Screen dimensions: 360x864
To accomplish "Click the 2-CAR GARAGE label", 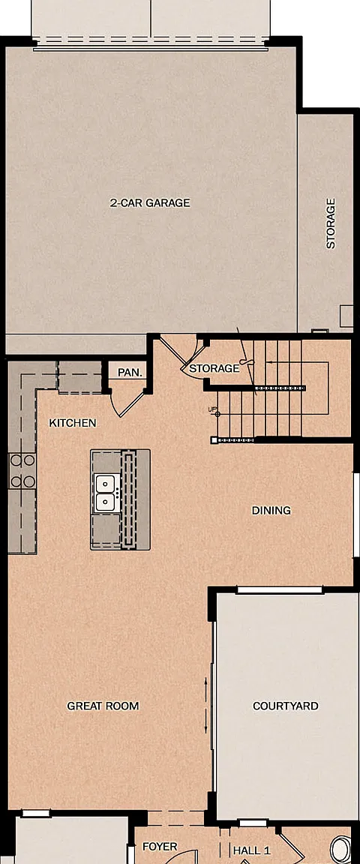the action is tap(150, 202).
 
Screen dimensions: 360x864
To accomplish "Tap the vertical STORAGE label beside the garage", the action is tap(331, 223).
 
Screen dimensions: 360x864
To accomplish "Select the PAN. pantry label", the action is tap(130, 373).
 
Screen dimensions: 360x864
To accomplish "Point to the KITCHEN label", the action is tap(73, 423).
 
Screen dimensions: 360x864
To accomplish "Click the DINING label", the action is tap(271, 510).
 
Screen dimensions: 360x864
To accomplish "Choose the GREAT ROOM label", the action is tap(103, 706).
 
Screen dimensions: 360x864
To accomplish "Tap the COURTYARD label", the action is tap(286, 706).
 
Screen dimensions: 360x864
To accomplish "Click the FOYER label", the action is tap(160, 846).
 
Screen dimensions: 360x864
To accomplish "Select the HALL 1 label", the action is tap(252, 850).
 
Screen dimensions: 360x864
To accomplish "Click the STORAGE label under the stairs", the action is tap(214, 368).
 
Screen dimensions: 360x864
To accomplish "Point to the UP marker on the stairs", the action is tap(211, 409).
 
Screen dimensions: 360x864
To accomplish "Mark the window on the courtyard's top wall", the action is tap(280, 590).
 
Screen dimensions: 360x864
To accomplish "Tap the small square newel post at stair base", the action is tap(214, 439).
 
